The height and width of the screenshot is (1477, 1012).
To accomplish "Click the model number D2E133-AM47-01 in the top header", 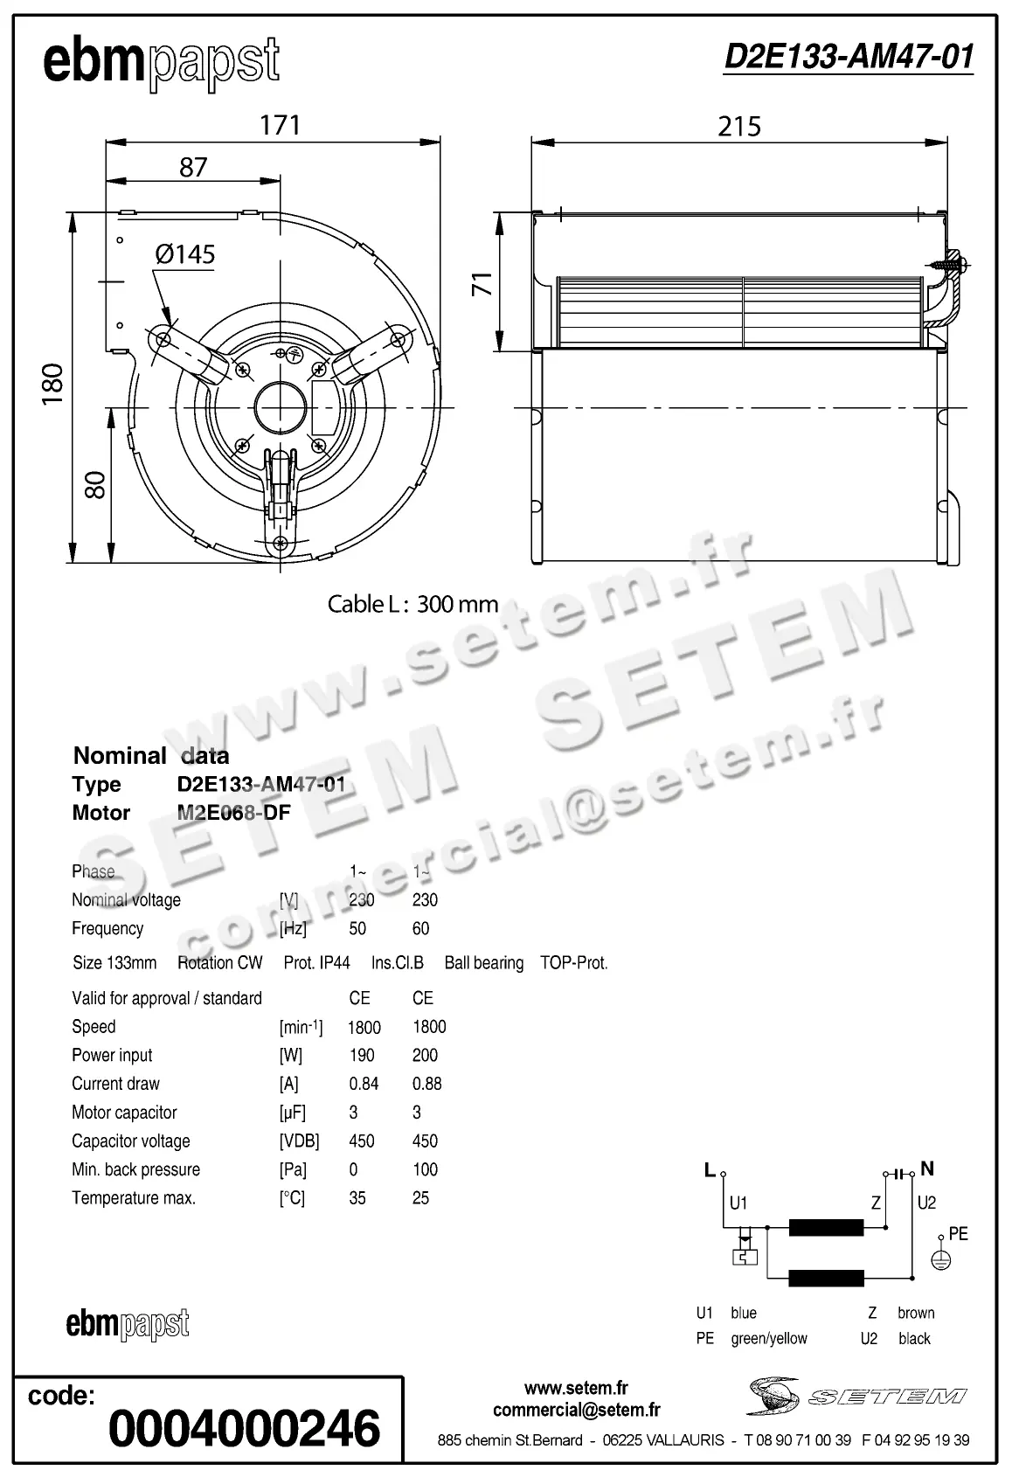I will (x=848, y=58).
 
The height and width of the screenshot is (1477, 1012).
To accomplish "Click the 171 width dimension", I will (x=280, y=125).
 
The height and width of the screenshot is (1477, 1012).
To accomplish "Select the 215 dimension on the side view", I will (x=739, y=127).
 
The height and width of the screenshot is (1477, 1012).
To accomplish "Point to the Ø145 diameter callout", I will (x=184, y=254).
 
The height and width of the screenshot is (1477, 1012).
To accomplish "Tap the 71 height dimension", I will (x=482, y=284).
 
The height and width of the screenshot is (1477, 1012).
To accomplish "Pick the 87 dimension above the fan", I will (x=193, y=166).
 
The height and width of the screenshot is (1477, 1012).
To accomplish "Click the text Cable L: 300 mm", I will (x=412, y=604).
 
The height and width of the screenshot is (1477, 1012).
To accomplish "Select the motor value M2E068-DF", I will (x=233, y=813).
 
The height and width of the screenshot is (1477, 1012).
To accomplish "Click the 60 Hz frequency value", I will (x=420, y=928).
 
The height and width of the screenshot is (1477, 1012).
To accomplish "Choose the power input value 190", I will (x=361, y=1055).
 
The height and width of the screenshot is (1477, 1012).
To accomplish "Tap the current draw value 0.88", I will (x=426, y=1084).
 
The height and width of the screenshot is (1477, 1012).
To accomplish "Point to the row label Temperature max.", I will (x=134, y=1198).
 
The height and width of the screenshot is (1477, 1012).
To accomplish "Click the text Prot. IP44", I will (x=316, y=963).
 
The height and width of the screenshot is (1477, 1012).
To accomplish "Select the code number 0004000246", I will (x=245, y=1428).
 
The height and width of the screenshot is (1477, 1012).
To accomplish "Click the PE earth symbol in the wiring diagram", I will (x=940, y=1259).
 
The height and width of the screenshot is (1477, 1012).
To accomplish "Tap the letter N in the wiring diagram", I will (x=927, y=1168).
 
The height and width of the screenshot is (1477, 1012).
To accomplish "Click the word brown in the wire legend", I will (x=915, y=1313).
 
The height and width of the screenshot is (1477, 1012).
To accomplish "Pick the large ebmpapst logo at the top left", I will (x=161, y=63).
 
